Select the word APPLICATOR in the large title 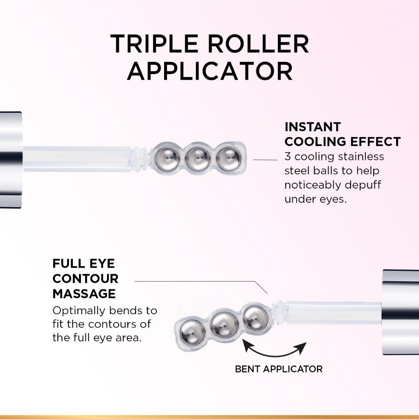point(209,71)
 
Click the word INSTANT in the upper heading point(312,127)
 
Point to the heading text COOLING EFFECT point(342,142)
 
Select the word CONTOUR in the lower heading point(86,279)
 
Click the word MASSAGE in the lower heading point(84,293)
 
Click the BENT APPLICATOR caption point(279,369)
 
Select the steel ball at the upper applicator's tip point(228,155)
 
